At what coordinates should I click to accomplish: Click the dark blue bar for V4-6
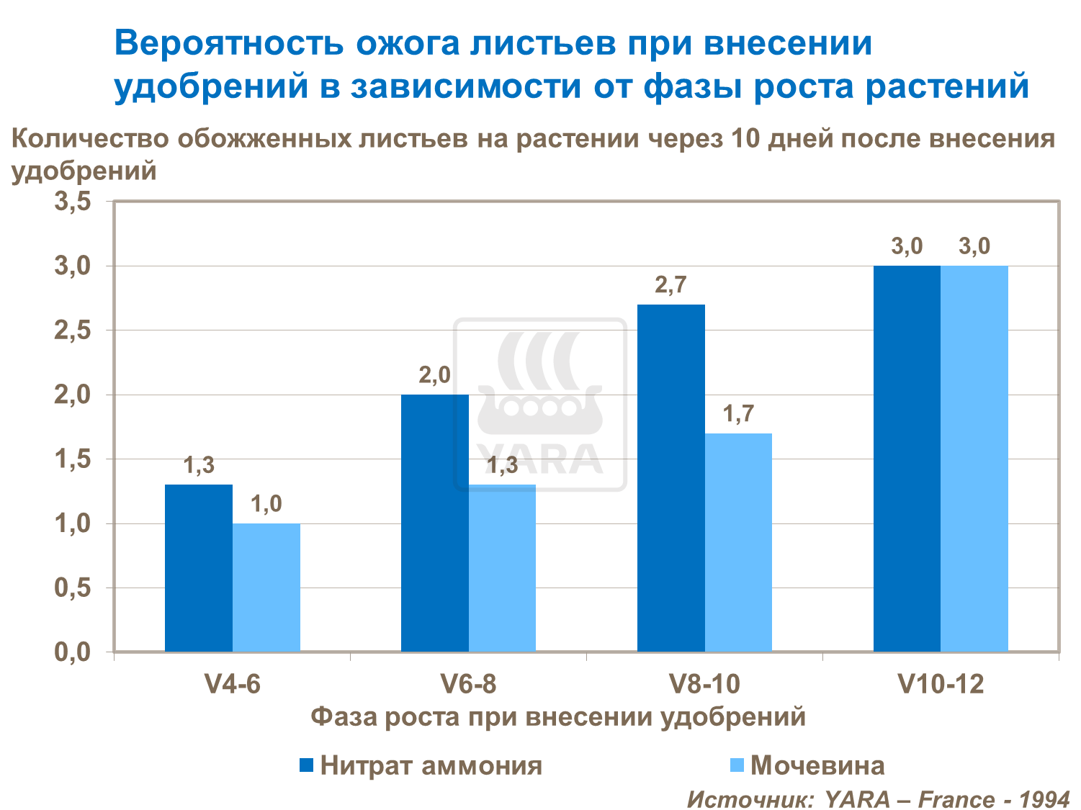pos(199,568)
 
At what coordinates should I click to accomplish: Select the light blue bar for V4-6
pos(266,588)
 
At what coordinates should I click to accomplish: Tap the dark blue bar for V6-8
pos(434,523)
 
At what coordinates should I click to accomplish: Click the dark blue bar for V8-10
pos(670,478)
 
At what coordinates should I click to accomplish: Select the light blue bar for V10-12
pos(974,459)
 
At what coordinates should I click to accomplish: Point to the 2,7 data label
pos(670,286)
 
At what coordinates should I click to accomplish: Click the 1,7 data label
pos(738,414)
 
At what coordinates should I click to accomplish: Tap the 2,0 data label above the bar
pos(434,375)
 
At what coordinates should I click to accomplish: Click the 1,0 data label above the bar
pos(266,504)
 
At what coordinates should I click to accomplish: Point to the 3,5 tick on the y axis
pos(73,202)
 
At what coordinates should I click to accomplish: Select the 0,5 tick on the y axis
pos(73,588)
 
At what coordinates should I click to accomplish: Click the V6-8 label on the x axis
pos(468,683)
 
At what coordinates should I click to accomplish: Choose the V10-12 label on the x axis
pos(941,683)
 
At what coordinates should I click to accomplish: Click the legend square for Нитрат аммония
pos(306,765)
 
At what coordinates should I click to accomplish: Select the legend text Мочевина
pos(817,765)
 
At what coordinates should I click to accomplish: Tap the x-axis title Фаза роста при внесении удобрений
pos(558,717)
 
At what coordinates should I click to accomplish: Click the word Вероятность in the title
pos(228,43)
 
